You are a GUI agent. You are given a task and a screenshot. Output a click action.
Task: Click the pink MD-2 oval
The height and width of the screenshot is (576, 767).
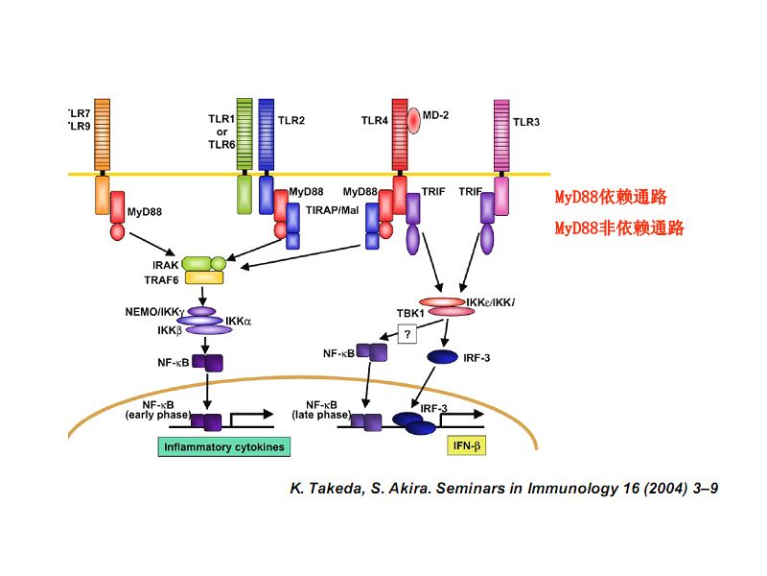click(x=414, y=121)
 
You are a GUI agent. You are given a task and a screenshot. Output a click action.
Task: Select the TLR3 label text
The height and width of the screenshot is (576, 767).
click(x=527, y=122)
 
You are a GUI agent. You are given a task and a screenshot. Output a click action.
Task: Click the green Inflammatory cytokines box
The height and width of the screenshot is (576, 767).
click(x=224, y=447)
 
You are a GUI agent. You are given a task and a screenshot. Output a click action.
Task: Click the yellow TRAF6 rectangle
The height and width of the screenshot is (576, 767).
click(x=203, y=277)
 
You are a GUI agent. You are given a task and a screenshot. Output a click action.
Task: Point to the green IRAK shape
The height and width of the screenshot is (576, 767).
click(x=203, y=262)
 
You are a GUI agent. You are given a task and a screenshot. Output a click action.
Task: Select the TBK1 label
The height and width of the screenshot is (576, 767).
click(x=410, y=313)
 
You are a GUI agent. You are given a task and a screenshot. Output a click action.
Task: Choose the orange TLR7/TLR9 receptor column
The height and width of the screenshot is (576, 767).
click(x=103, y=134)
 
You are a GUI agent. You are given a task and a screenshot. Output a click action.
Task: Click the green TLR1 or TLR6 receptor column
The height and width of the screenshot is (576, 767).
click(x=244, y=134)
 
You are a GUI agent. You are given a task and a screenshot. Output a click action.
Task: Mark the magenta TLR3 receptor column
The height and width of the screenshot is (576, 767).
click(x=500, y=134)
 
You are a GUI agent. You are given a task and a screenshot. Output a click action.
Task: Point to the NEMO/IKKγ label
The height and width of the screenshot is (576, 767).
click(x=153, y=313)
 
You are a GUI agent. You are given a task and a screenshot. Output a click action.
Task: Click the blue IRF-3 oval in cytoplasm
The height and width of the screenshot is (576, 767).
click(x=441, y=357)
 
